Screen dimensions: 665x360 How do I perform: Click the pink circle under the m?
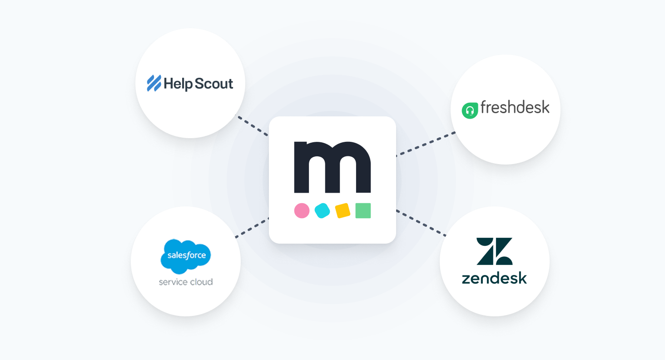(302, 210)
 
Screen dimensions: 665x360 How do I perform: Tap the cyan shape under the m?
(322, 210)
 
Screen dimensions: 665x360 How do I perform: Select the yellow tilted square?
(342, 210)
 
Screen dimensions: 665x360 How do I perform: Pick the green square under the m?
(363, 210)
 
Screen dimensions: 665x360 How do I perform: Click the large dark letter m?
(332, 167)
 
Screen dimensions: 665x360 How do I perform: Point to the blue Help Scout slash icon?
(154, 84)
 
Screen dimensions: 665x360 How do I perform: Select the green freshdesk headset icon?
(470, 110)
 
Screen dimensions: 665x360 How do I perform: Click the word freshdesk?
(515, 108)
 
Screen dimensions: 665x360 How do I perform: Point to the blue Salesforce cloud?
(186, 256)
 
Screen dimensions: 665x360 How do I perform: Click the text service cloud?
(186, 282)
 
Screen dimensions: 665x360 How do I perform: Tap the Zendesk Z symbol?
(494, 251)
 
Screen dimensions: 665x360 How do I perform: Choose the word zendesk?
(494, 278)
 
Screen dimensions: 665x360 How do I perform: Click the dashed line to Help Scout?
(253, 126)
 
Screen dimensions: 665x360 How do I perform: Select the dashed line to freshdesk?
(426, 144)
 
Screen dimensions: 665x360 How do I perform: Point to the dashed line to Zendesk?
(421, 223)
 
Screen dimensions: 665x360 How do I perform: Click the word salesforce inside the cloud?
(186, 255)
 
